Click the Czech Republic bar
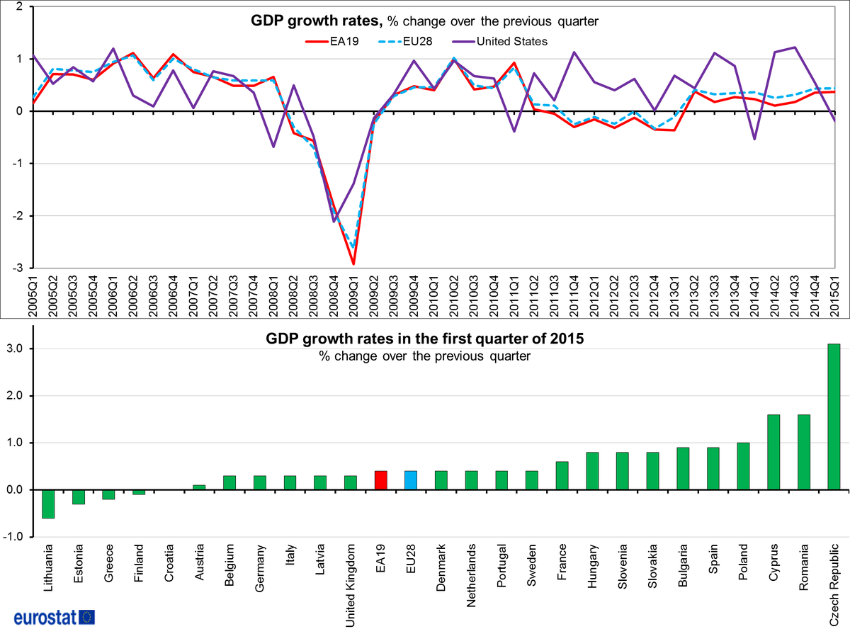[834, 416]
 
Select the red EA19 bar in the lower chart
[380, 480]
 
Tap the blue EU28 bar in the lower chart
[411, 480]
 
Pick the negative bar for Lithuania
[48, 504]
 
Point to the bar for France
[562, 475]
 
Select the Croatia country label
[169, 563]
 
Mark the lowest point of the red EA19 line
[353, 264]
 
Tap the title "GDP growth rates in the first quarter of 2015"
[425, 339]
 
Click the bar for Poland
[743, 466]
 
